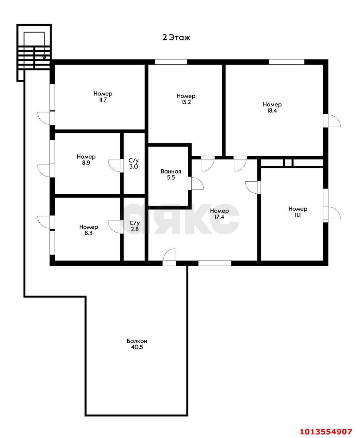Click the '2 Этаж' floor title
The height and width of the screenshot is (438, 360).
tap(176, 38)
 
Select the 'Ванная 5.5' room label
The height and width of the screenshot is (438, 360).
tap(171, 175)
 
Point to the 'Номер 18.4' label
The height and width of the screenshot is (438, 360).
tap(272, 107)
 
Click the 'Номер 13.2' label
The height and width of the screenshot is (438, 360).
tap(186, 99)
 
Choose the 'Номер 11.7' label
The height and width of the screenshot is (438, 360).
tap(103, 96)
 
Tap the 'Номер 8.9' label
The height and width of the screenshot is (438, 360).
tap(86, 159)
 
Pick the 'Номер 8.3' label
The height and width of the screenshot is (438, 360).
tap(89, 230)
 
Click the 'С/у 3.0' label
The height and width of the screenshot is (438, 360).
tap(133, 164)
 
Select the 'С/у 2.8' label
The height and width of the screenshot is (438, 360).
tap(134, 226)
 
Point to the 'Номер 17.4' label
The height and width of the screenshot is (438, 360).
tap(219, 214)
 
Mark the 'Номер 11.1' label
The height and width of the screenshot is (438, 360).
tap(298, 212)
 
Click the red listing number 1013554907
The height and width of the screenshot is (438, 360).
tap(326, 430)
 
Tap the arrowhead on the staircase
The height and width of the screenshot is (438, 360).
tap(44, 57)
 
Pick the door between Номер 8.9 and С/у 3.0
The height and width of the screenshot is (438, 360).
tap(114, 166)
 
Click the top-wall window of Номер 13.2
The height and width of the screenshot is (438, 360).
tap(171, 62)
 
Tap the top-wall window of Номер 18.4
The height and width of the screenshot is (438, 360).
tap(286, 62)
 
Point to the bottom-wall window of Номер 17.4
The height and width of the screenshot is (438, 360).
tap(215, 263)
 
